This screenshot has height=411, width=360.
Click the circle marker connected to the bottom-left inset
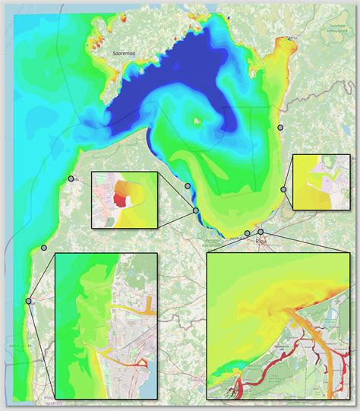tap(29, 301)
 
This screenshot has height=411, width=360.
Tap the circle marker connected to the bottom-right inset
tap(261, 232)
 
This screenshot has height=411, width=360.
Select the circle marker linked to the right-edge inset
tap(284, 189)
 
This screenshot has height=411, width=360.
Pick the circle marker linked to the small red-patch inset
tap(196, 210)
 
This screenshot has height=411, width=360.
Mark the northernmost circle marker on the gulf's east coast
tap(280, 127)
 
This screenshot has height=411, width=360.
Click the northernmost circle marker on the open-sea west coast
tap(71, 179)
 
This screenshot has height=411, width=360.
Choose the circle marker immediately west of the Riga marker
tap(247, 233)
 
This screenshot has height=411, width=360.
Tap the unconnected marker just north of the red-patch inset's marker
tap(188, 185)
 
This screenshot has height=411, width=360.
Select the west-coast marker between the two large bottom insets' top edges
tap(44, 248)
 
